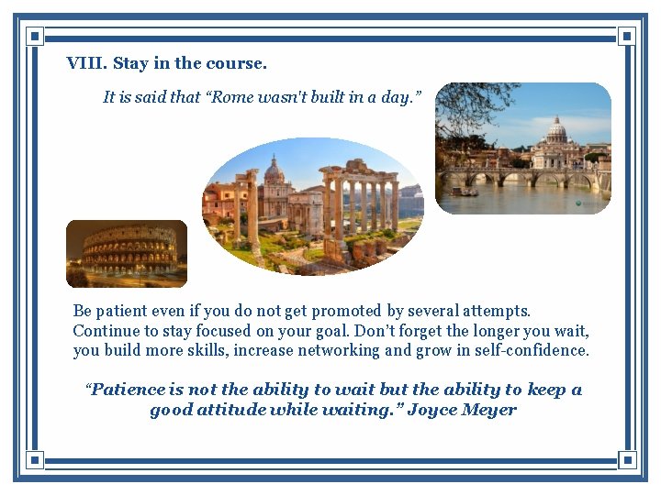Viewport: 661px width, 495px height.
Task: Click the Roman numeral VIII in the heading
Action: coord(86,64)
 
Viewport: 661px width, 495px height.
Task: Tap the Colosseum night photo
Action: coord(127,254)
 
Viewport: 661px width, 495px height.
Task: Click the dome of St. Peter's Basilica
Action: coord(556,129)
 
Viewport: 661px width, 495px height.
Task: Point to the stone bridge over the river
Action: coord(514,177)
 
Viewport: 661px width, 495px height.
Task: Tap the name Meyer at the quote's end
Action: coord(491,410)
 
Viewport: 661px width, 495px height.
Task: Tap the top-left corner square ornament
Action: coord(34,37)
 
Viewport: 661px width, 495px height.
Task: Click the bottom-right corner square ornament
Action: coord(627,458)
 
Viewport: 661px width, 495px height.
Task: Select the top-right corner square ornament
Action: coord(627,37)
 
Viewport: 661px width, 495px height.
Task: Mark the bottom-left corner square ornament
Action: coord(34,458)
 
